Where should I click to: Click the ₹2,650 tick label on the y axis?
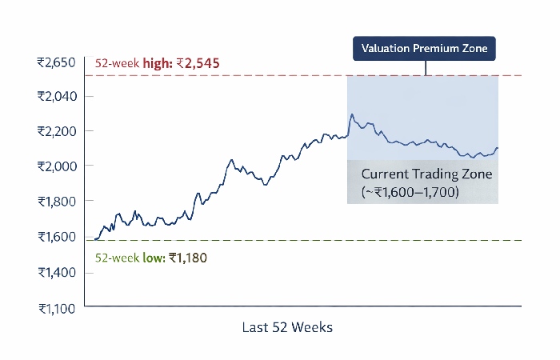[56, 62]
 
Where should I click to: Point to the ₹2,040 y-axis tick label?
[56, 96]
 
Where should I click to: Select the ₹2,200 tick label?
[56, 130]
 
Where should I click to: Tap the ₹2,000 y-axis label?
[56, 166]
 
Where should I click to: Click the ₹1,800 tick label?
[56, 201]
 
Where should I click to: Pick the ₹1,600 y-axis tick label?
[56, 236]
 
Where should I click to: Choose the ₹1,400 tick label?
[56, 272]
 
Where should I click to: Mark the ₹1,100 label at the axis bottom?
[56, 308]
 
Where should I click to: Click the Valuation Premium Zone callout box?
[425, 49]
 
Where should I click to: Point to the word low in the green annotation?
[153, 258]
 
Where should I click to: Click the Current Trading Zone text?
[417, 174]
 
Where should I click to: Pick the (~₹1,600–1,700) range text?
[410, 192]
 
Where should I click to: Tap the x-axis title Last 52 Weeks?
[286, 327]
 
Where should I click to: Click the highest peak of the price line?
[351, 114]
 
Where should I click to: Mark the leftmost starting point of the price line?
[94, 238]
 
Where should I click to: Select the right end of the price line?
[498, 148]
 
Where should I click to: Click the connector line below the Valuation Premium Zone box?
[425, 68]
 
